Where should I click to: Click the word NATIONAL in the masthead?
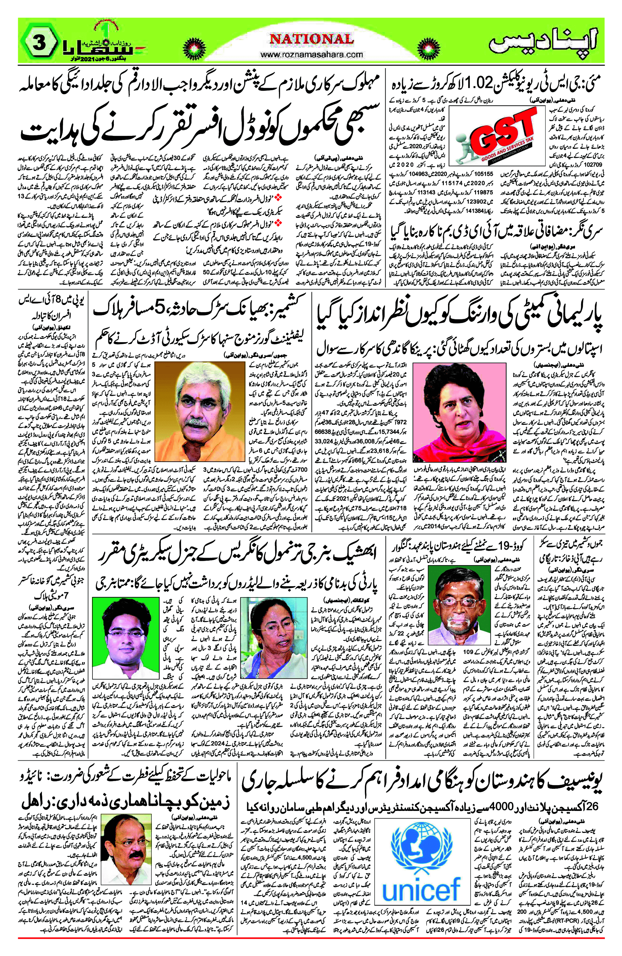click(311, 39)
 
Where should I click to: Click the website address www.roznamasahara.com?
click(311, 54)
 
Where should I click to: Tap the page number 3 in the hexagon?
click(39, 43)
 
